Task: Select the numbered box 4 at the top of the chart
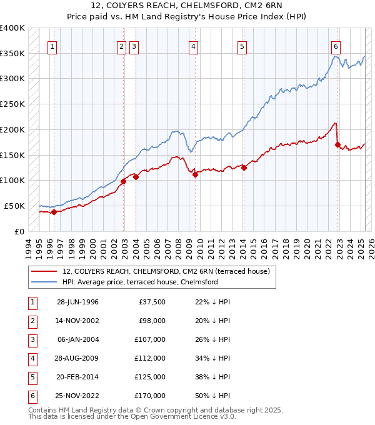pos(194,46)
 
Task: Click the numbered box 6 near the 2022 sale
pos(336,46)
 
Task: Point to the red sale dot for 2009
pos(195,175)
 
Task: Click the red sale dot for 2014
pos(244,167)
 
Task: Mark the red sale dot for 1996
pos(54,212)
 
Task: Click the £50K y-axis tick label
pos(15,206)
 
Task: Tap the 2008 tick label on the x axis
pos(179,247)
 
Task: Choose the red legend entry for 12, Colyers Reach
pos(166,271)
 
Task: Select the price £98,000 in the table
pos(152,321)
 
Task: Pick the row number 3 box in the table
pos(31,339)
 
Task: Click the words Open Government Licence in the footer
pos(181,416)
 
